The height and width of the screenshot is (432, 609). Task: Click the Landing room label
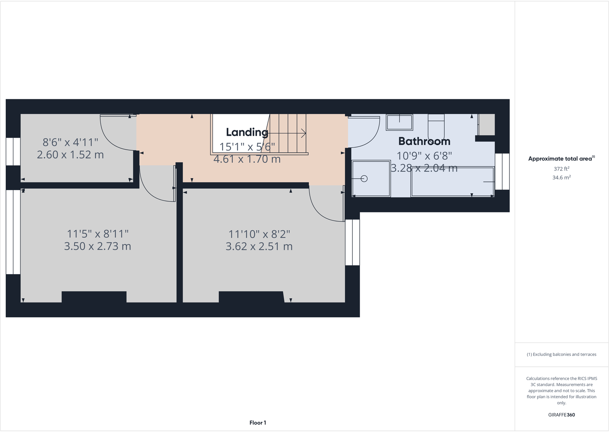click(247, 132)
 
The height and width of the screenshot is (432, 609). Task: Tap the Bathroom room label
click(424, 141)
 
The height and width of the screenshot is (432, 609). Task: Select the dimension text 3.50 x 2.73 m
click(97, 246)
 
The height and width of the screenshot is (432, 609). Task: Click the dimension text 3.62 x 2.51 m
click(259, 246)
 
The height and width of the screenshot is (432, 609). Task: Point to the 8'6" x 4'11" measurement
click(70, 143)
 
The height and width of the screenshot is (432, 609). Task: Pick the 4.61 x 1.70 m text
click(247, 159)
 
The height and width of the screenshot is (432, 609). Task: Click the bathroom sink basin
click(399, 122)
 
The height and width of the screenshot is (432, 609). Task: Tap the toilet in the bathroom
click(436, 126)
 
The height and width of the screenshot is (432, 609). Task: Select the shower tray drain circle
click(364, 179)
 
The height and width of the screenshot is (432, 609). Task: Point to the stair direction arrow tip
click(305, 133)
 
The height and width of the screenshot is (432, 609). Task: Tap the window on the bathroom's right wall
click(502, 172)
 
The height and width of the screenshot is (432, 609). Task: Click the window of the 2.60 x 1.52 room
click(13, 151)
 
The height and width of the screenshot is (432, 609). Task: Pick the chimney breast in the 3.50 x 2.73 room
click(94, 297)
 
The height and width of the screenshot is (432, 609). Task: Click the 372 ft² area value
click(561, 169)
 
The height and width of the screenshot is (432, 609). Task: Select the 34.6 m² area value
click(561, 177)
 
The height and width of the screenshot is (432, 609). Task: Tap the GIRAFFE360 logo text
click(561, 415)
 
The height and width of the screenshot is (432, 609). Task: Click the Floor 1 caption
click(257, 423)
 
